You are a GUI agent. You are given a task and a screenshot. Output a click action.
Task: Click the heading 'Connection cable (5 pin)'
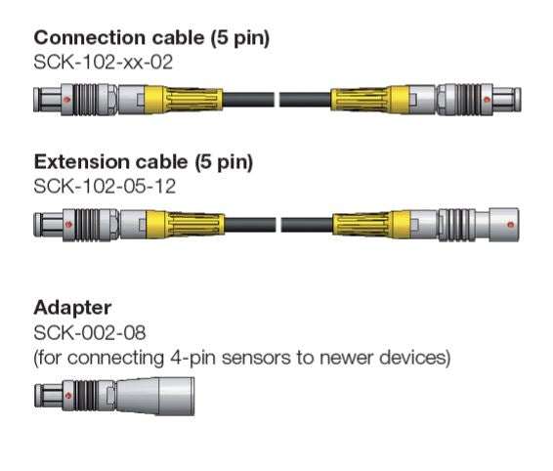[x=151, y=39]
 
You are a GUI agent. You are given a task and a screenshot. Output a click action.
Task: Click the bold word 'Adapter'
[x=72, y=308]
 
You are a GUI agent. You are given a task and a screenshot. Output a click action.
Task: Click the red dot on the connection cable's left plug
[x=65, y=99]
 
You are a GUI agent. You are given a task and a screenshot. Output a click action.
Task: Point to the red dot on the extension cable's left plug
[x=65, y=224]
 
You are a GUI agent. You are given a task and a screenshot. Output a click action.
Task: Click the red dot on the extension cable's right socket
[x=508, y=224]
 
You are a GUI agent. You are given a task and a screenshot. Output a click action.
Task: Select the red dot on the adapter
[x=65, y=396]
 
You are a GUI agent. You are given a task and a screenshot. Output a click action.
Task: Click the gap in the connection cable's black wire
[x=276, y=99]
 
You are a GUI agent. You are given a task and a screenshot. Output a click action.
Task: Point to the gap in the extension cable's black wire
[x=276, y=224]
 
